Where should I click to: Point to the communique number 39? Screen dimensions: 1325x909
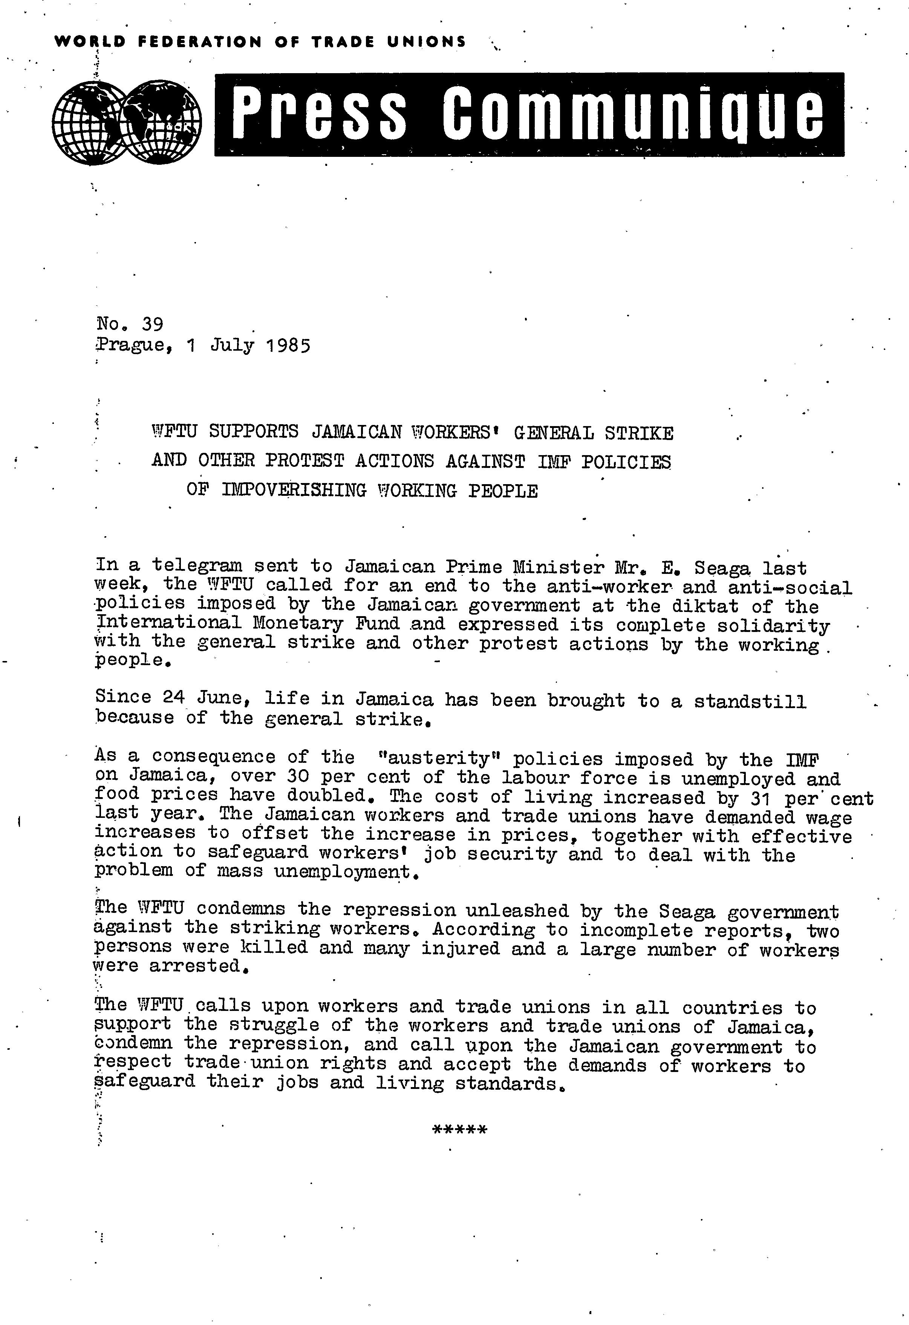point(152,324)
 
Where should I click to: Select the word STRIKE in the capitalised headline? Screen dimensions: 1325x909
point(639,433)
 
